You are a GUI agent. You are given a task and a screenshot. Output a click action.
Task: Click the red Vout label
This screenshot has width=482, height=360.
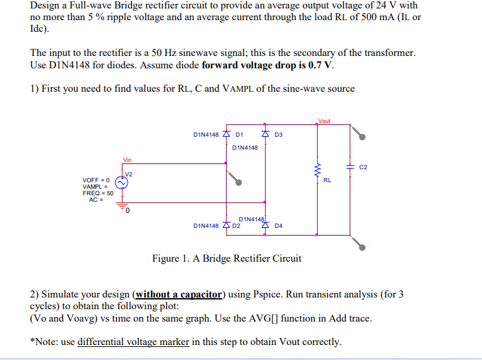[x=324, y=121]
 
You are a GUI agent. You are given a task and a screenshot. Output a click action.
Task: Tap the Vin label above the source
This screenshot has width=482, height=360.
[x=127, y=159]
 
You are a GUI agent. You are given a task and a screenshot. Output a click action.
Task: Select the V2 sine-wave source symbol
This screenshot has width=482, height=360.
[x=122, y=182]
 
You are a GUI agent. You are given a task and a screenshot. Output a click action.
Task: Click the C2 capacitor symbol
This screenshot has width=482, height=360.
[x=352, y=167]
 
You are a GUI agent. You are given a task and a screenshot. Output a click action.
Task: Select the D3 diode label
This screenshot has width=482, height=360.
[x=279, y=135]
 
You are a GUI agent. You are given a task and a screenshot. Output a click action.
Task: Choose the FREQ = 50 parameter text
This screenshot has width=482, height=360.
[x=98, y=193]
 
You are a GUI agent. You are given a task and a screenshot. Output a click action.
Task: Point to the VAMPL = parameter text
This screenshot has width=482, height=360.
[x=96, y=186]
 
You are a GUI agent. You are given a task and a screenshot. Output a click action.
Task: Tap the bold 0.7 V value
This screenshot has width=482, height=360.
[x=320, y=65]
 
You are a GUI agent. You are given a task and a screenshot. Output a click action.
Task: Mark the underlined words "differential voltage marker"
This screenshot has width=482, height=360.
[x=134, y=342]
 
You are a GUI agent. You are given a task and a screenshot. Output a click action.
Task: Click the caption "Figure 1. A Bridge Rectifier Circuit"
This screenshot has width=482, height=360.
[x=227, y=258]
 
